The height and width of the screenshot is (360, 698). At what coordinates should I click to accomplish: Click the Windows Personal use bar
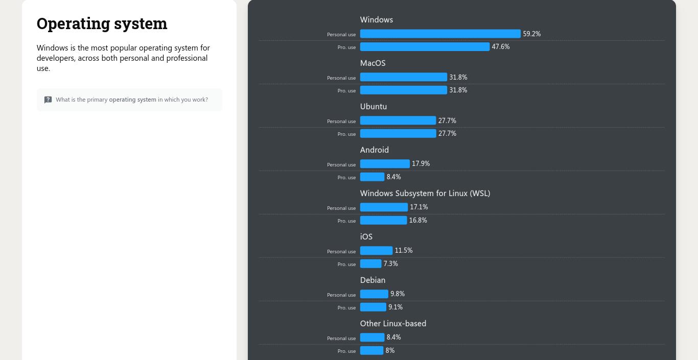click(440, 34)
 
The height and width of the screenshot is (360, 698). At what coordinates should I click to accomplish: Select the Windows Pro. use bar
click(425, 47)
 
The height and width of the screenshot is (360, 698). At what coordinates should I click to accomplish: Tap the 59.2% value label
click(531, 34)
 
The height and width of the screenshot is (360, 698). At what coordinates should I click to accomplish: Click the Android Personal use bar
click(385, 164)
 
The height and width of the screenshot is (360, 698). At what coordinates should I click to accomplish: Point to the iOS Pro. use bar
click(370, 264)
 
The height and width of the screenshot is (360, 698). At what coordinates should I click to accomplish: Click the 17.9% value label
click(421, 164)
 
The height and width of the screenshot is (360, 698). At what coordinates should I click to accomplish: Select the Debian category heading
click(373, 280)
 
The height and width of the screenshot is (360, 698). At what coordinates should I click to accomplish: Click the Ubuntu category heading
click(373, 107)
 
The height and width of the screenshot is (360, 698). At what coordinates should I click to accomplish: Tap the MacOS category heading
click(373, 63)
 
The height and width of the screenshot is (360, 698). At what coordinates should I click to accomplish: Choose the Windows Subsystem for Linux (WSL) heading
click(425, 194)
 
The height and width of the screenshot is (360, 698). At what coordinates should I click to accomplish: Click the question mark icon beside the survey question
click(48, 100)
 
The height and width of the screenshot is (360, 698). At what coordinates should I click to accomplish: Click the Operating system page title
click(102, 23)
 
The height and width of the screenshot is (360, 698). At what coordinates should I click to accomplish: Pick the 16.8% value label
click(418, 221)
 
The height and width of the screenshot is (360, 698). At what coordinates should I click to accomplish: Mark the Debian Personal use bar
click(374, 294)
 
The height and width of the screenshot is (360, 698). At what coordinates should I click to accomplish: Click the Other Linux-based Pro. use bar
click(371, 351)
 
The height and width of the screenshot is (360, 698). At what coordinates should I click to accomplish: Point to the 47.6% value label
click(500, 47)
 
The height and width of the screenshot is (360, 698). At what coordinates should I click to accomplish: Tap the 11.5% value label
click(403, 251)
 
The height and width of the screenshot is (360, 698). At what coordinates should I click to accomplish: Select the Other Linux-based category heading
click(393, 324)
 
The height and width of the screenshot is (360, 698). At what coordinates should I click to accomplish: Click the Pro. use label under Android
click(346, 178)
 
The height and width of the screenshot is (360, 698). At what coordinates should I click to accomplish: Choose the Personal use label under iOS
click(341, 252)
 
